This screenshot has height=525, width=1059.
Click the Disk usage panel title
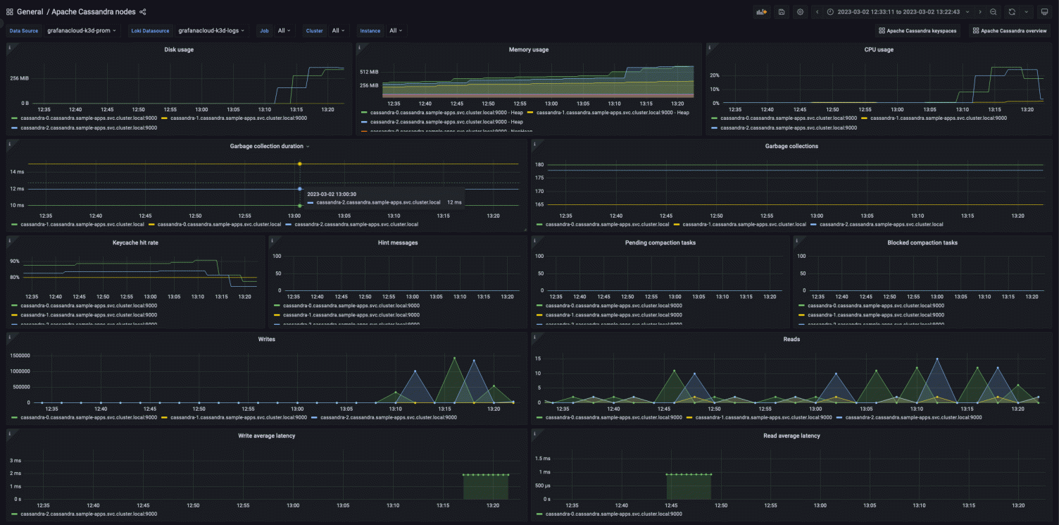tap(179, 49)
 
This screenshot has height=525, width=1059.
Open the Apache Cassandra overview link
tap(1009, 31)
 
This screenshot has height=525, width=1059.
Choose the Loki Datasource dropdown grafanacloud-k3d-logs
tap(211, 31)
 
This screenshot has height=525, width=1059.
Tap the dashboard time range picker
tap(898, 12)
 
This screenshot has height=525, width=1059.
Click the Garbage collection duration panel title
tap(266, 147)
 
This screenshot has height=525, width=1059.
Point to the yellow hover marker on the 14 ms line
tap(300, 163)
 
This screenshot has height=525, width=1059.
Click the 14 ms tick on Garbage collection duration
tap(18, 172)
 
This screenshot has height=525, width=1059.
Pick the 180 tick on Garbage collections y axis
tap(540, 165)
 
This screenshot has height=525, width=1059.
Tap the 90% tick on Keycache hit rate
tap(15, 261)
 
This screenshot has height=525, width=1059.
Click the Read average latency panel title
tap(791, 436)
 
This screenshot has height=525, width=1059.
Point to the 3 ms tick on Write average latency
tap(16, 460)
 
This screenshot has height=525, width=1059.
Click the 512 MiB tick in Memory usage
tap(369, 72)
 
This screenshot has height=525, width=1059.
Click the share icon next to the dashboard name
tap(143, 12)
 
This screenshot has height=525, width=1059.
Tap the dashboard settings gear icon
tap(800, 12)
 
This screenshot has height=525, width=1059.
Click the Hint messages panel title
tap(398, 243)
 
